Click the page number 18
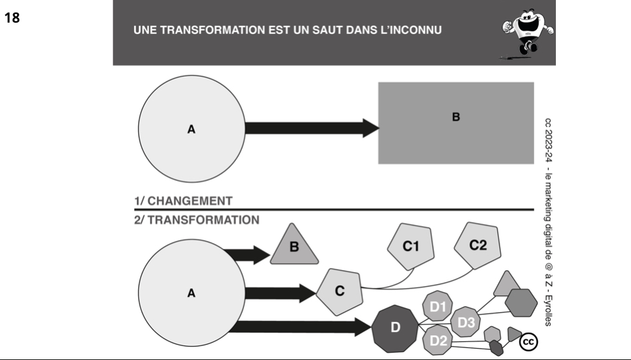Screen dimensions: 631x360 tap(12, 18)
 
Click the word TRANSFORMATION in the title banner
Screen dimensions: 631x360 tap(213, 30)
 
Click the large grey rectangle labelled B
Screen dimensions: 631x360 tap(456, 123)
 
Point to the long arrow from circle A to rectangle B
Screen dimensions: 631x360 tap(313, 128)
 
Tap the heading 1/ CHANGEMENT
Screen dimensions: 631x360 tap(184, 201)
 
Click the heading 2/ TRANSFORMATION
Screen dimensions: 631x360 tap(197, 220)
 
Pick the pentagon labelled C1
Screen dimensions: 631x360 tap(411, 246)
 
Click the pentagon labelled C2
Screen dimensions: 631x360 tap(477, 246)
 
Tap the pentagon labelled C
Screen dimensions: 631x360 tap(339, 291)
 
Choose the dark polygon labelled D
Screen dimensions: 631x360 tap(395, 328)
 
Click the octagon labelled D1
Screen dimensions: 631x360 tap(438, 307)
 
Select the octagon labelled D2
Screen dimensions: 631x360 tap(438, 340)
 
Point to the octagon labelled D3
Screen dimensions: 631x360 tap(465, 322)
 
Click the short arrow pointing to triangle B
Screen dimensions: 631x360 tap(247, 255)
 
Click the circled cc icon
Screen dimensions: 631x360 tap(529, 342)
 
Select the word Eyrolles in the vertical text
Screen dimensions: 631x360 tap(548, 311)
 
